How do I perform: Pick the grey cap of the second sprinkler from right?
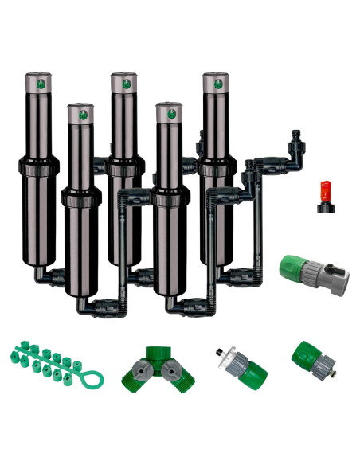click(x=170, y=112)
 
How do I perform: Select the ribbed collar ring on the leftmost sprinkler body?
click(x=38, y=169)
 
